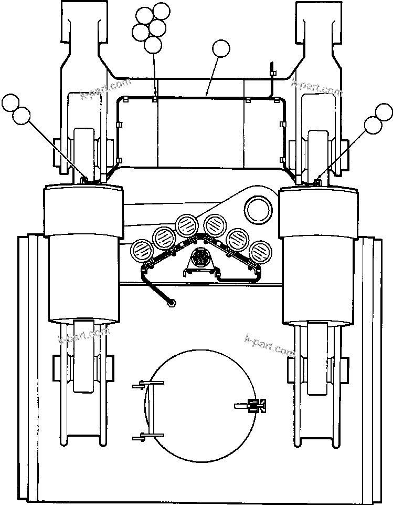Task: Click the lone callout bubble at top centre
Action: tap(221, 49)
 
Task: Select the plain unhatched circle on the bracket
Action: tap(258, 209)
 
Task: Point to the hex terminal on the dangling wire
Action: tap(172, 303)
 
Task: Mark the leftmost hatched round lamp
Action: tap(141, 250)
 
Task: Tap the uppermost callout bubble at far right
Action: tap(384, 112)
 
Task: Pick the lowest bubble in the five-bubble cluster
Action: tap(153, 45)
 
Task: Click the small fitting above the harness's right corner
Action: tap(272, 69)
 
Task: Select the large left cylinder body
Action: tap(84, 252)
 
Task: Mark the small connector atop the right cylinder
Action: tap(316, 182)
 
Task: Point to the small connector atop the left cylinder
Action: tap(84, 180)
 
